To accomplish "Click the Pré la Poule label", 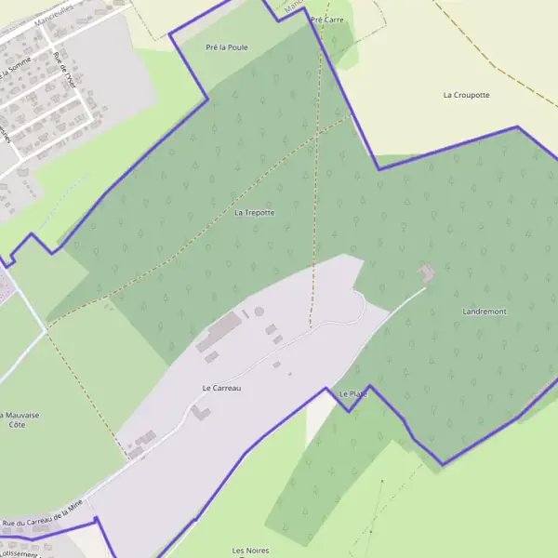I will [226, 46].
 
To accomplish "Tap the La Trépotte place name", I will [254, 213].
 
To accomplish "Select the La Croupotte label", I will [466, 95].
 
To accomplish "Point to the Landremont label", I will [485, 312].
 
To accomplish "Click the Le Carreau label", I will [221, 388].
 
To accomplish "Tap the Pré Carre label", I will [327, 19].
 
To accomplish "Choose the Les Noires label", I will [249, 550].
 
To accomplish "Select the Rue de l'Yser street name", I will [64, 69].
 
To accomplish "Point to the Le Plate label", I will [353, 394].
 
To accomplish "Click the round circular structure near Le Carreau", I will [259, 311].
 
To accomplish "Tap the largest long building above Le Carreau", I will [218, 330].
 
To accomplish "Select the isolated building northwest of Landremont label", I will [427, 272].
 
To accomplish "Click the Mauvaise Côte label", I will [14, 419].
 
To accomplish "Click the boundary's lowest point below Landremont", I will [443, 463].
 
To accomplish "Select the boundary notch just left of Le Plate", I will [347, 410].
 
